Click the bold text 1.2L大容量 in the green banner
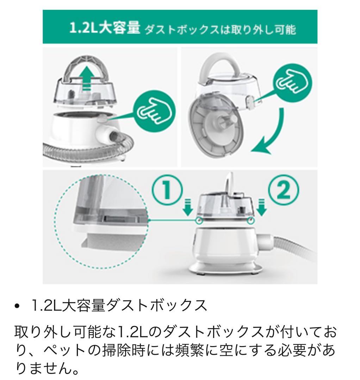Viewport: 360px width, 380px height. click(x=104, y=28)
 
